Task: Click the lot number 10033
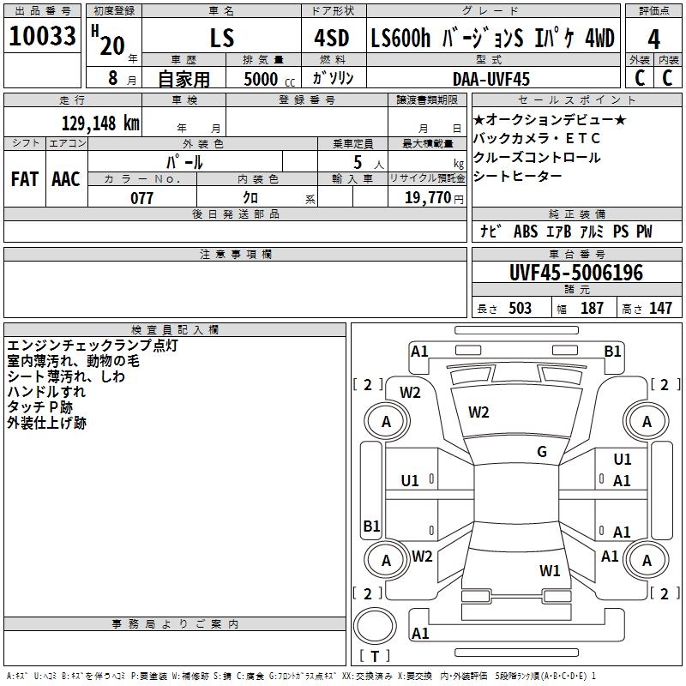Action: click(42, 37)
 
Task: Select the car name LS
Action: click(221, 39)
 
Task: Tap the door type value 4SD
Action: click(333, 39)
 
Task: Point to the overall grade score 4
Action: click(653, 39)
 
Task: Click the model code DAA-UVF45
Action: click(491, 79)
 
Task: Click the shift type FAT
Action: click(24, 179)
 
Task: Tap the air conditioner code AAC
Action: click(65, 179)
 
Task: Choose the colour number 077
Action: click(141, 198)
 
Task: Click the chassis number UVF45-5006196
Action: click(575, 274)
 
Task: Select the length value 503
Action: click(520, 309)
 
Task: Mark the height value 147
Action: click(660, 309)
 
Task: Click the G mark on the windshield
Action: click(541, 452)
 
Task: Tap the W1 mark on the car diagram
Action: click(550, 570)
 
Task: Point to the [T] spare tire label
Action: click(374, 657)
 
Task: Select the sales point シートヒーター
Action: click(518, 177)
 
